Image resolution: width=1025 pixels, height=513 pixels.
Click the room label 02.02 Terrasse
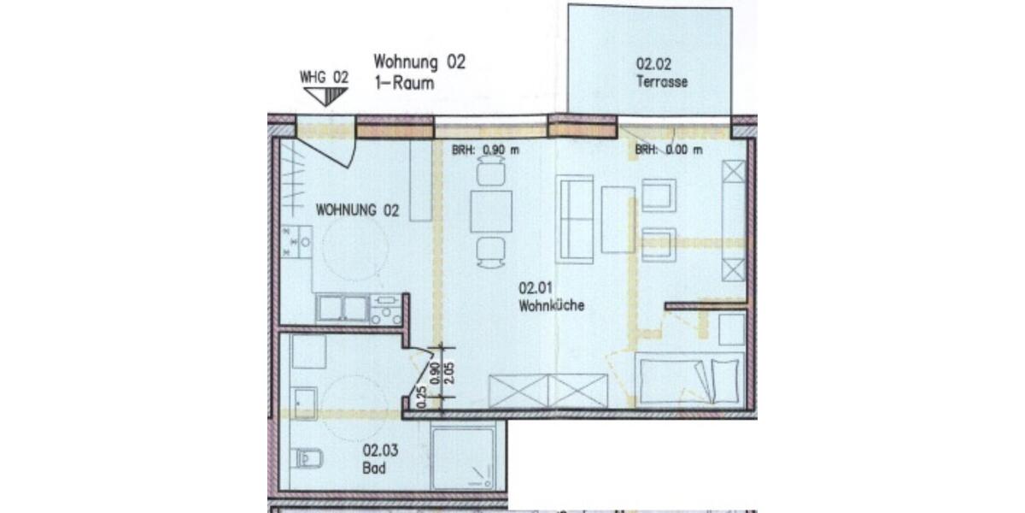(661, 72)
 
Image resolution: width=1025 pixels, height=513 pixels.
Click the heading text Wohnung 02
(419, 62)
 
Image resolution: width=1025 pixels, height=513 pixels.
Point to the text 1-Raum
(404, 84)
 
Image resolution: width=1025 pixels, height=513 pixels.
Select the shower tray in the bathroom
(467, 459)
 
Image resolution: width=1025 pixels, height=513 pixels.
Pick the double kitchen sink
(343, 309)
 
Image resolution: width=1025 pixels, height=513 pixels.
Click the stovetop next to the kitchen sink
(386, 309)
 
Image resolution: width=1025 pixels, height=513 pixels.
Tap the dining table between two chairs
(491, 211)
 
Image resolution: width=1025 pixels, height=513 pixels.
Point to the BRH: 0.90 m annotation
(485, 150)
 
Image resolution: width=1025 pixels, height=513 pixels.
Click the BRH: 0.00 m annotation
(669, 150)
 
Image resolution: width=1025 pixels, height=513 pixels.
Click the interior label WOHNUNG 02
(358, 209)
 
